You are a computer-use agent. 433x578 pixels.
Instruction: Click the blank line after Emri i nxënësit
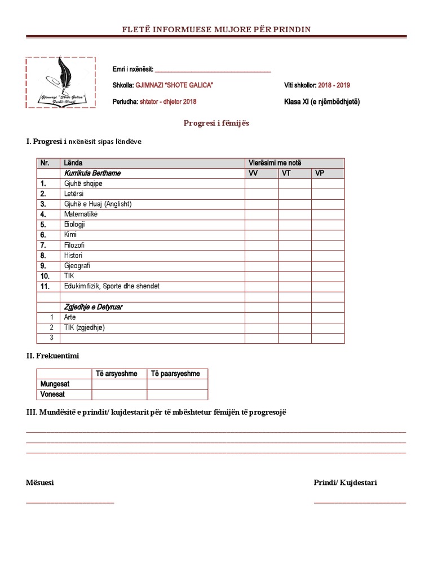[213, 71]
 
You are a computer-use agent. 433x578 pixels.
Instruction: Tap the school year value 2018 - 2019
[334, 85]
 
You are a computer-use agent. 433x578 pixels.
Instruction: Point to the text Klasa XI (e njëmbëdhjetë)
[321, 102]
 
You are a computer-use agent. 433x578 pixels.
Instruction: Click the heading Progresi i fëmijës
[216, 123]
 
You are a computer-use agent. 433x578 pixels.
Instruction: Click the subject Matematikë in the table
[81, 214]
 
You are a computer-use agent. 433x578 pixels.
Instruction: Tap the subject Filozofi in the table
[76, 245]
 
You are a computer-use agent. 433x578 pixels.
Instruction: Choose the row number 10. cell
[48, 276]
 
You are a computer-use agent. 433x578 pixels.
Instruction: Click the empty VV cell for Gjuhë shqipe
[261, 183]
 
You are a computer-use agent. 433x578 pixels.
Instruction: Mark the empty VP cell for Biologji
[328, 225]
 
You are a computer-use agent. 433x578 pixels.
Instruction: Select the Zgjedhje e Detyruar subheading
[94, 307]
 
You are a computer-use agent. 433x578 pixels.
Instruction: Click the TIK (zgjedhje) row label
[85, 327]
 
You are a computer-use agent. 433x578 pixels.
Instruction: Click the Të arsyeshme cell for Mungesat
[119, 384]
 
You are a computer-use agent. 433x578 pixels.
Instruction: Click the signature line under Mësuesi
[70, 502]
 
